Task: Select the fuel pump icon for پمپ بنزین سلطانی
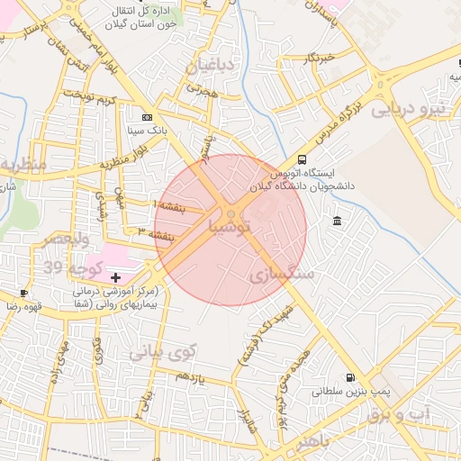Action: tap(348, 378)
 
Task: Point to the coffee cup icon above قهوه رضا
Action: tap(23, 293)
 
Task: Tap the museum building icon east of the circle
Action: tap(337, 221)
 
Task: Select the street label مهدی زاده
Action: tap(61, 357)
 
